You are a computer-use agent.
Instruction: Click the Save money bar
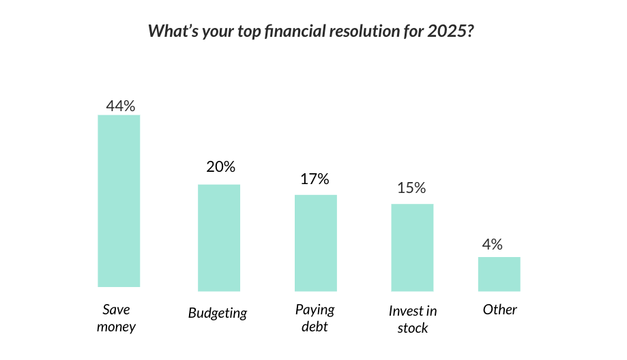(x=119, y=201)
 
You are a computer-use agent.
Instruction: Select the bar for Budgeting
(x=219, y=238)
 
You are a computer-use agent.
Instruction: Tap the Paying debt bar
(x=316, y=243)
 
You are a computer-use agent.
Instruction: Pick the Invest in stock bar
(x=412, y=247)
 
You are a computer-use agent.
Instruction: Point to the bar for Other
(x=499, y=274)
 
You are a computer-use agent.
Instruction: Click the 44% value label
(x=120, y=106)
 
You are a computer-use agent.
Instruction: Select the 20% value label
(x=221, y=166)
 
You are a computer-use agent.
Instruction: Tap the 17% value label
(x=315, y=179)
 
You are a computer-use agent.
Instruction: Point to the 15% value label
(x=411, y=187)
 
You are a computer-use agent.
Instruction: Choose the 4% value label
(x=492, y=244)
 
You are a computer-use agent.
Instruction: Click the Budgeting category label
(x=218, y=313)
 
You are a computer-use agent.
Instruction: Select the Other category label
(x=500, y=310)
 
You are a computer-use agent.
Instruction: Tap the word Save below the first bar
(x=117, y=310)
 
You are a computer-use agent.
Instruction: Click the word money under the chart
(x=117, y=327)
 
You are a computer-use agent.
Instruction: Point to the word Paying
(x=315, y=310)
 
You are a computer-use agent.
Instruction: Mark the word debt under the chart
(x=315, y=327)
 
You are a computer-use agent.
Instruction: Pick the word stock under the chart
(x=413, y=328)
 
